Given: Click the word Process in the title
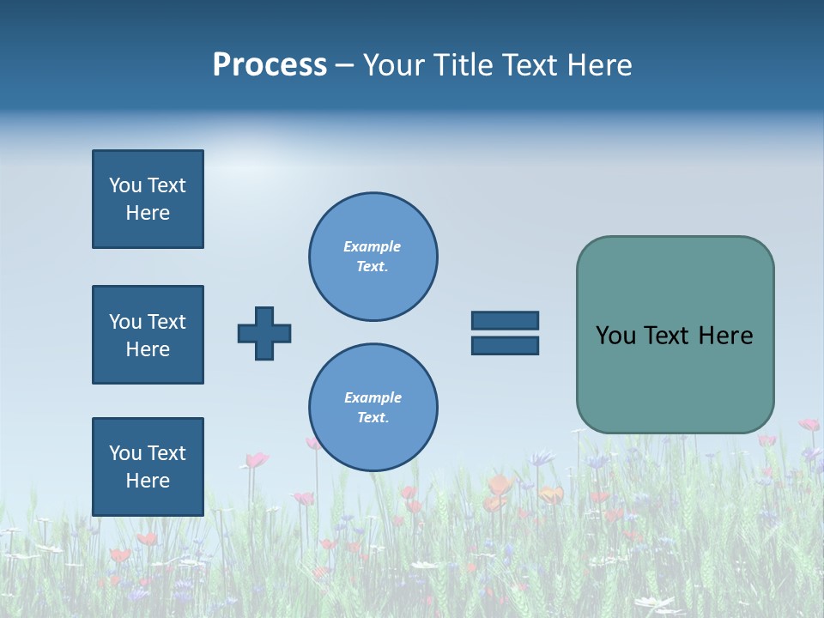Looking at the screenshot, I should [x=270, y=65].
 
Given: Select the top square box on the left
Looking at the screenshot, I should [x=148, y=199].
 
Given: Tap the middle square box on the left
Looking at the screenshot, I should [x=148, y=335].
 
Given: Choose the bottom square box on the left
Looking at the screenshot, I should [x=148, y=467].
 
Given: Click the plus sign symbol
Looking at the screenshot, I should [x=264, y=333].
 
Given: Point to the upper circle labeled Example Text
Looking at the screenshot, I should [x=373, y=257].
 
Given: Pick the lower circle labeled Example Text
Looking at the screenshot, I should [x=373, y=408].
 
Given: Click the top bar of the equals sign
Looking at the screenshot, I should [x=505, y=321].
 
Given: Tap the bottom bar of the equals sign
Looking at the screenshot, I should [x=505, y=345].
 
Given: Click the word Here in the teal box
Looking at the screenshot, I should [x=725, y=336].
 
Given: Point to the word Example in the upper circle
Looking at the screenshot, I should [x=373, y=246].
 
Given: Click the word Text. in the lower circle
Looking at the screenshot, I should [x=373, y=418].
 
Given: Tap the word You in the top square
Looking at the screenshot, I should [x=125, y=185].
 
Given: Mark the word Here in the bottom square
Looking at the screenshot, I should [x=148, y=481].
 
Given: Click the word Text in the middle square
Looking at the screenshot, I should [x=167, y=322].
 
